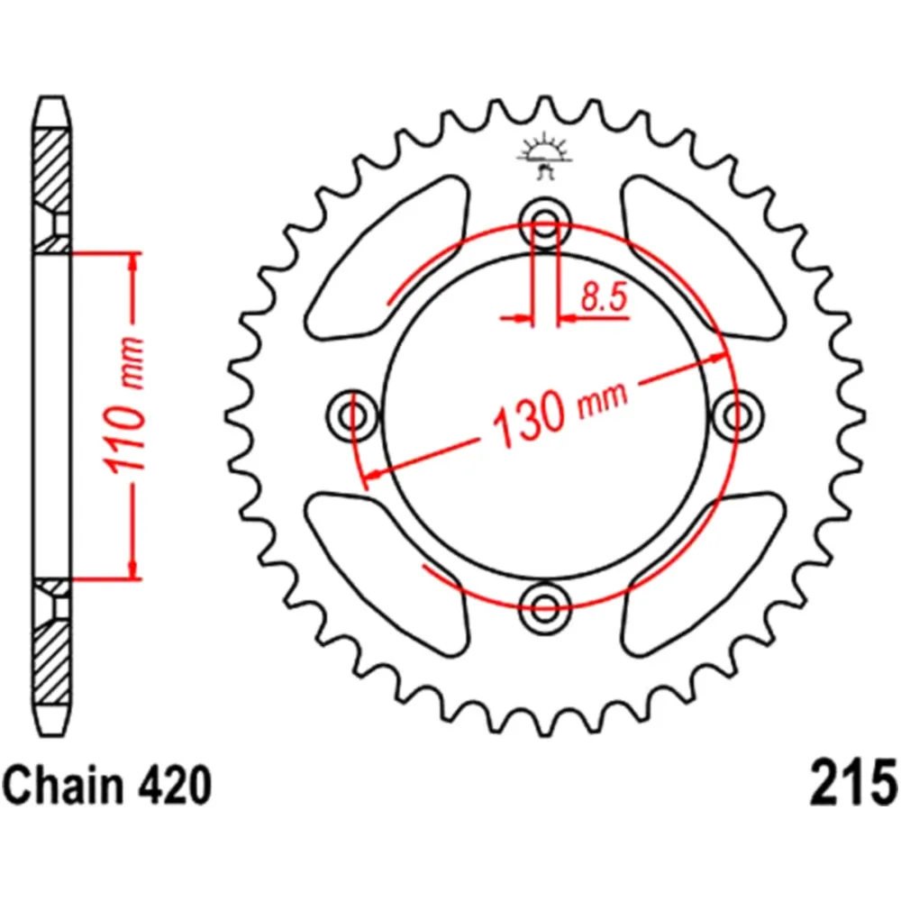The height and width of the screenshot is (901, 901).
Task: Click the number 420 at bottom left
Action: coord(173,786)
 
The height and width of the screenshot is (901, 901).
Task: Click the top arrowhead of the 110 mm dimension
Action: coord(133,262)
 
